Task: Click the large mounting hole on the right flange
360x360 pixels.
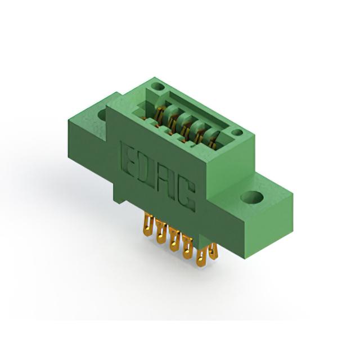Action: (x=252, y=197)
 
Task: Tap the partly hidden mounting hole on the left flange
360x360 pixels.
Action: (x=102, y=115)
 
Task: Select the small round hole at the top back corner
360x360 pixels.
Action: (x=159, y=87)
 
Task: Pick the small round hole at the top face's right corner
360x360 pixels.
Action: (x=236, y=133)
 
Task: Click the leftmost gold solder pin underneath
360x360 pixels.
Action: (x=147, y=226)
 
